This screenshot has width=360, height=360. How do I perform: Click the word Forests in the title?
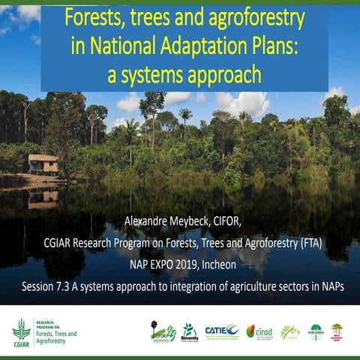93,16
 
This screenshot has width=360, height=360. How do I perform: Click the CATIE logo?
220,330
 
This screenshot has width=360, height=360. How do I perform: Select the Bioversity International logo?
190,331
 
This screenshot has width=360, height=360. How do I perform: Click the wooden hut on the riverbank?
43,163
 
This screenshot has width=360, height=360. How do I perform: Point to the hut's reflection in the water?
43,198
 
